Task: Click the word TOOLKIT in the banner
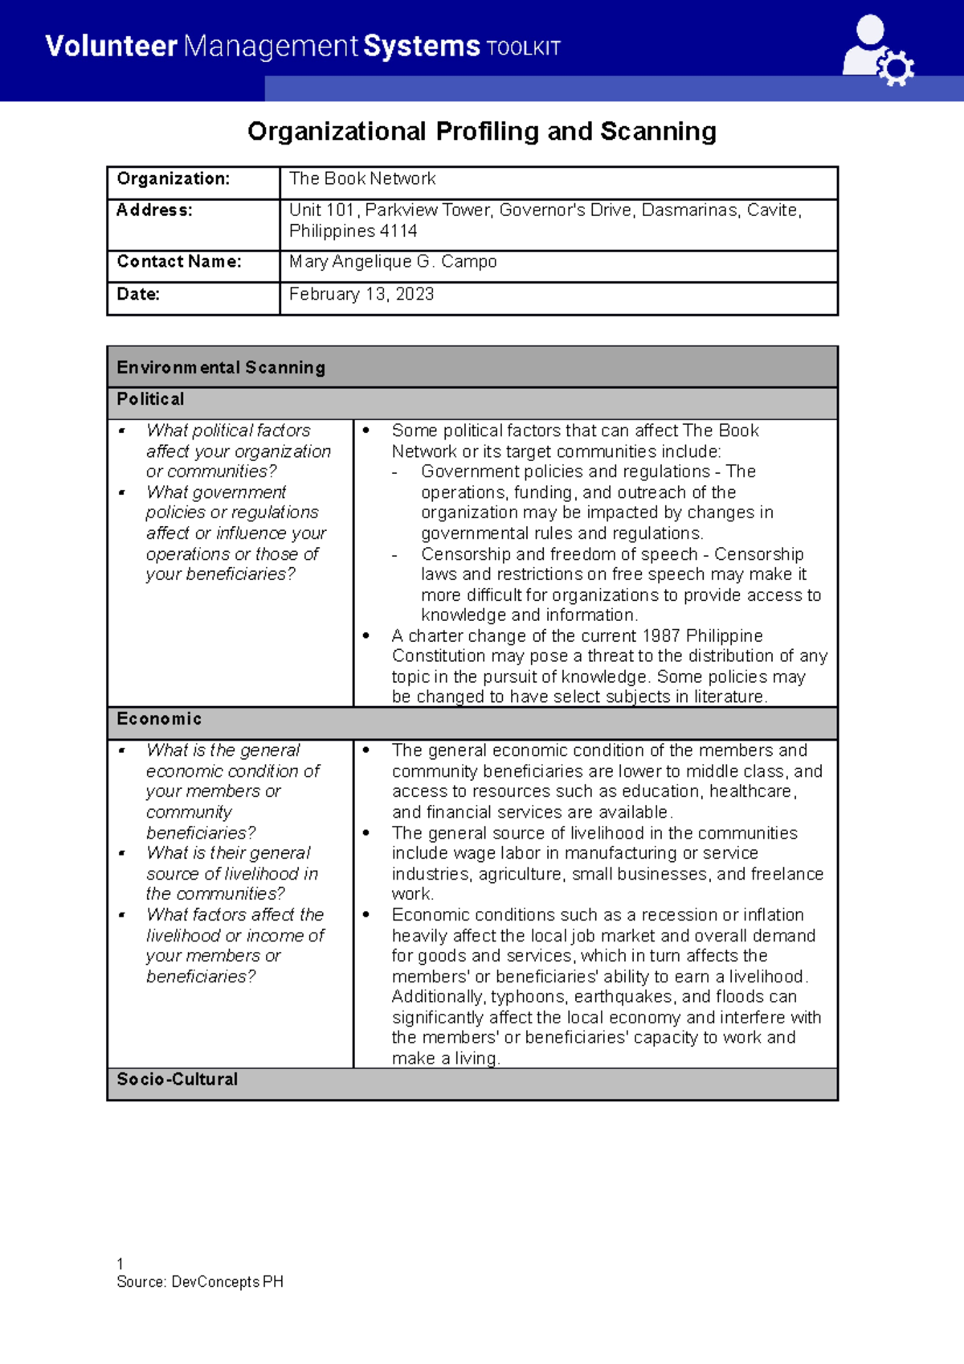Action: click(523, 48)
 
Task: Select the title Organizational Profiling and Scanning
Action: click(481, 131)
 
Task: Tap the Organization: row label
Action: click(174, 178)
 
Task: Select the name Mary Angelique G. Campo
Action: click(393, 262)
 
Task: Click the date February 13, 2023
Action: click(361, 294)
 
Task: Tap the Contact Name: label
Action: click(179, 262)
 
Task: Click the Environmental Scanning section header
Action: click(221, 367)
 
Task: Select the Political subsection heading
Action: click(150, 399)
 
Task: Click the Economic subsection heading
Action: click(159, 719)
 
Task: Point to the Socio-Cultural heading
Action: click(178, 1079)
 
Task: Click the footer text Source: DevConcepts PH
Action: click(200, 1282)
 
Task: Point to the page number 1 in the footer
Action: click(120, 1264)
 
